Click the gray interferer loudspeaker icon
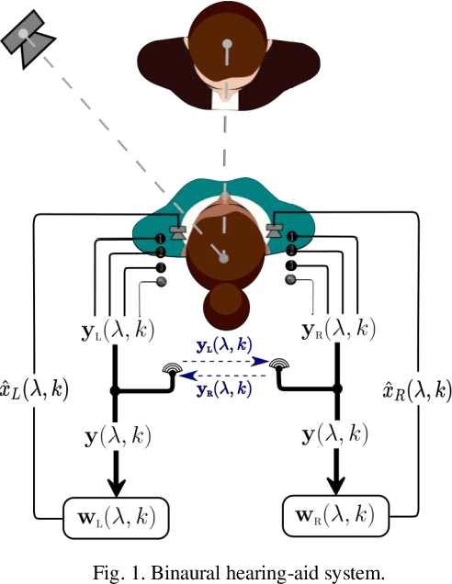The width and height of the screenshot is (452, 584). [28, 39]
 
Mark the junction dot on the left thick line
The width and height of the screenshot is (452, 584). [115, 391]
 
